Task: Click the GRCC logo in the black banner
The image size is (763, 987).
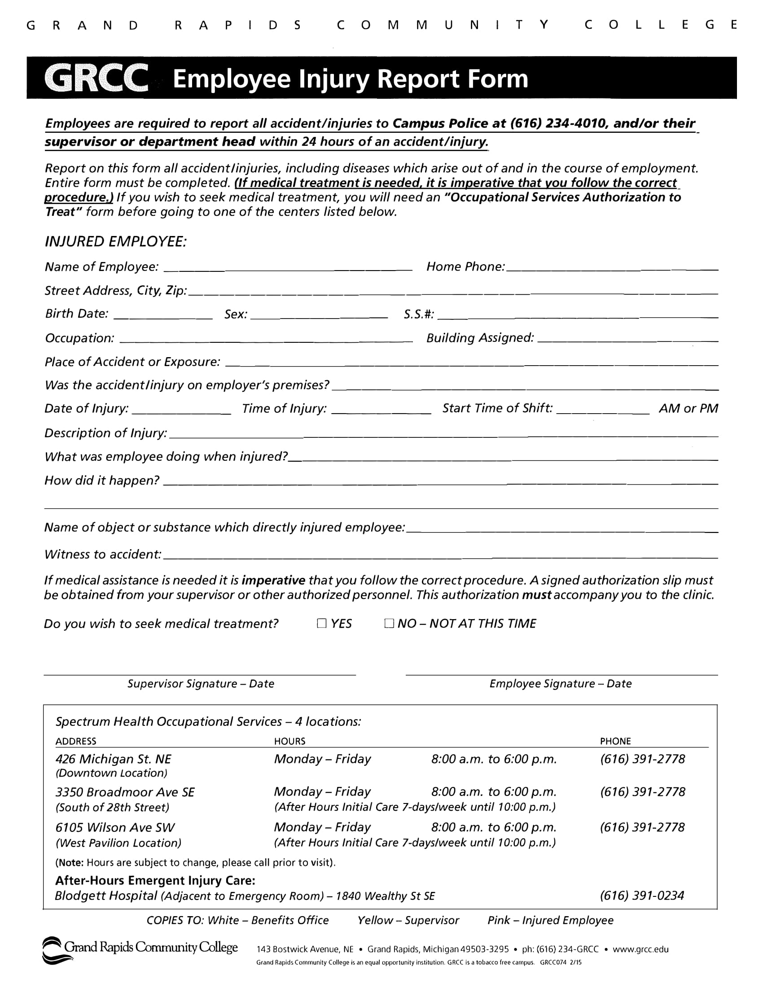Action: (97, 78)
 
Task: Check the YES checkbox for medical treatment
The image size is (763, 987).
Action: (321, 624)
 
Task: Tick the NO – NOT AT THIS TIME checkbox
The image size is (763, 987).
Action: (389, 624)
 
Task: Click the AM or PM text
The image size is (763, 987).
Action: (688, 409)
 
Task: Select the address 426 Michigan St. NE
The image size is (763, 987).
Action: (113, 759)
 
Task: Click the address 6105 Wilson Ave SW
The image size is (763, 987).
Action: (115, 827)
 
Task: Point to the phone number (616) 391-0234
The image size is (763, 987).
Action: (641, 895)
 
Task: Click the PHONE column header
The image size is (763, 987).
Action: (615, 741)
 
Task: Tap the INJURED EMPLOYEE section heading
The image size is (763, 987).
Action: (116, 242)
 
